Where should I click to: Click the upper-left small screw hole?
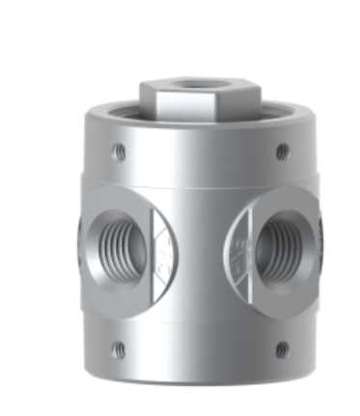pos(118,150)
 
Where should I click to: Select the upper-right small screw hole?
pos(282,152)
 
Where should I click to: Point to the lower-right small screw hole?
pos(280,349)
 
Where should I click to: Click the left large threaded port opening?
pos(112,241)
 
